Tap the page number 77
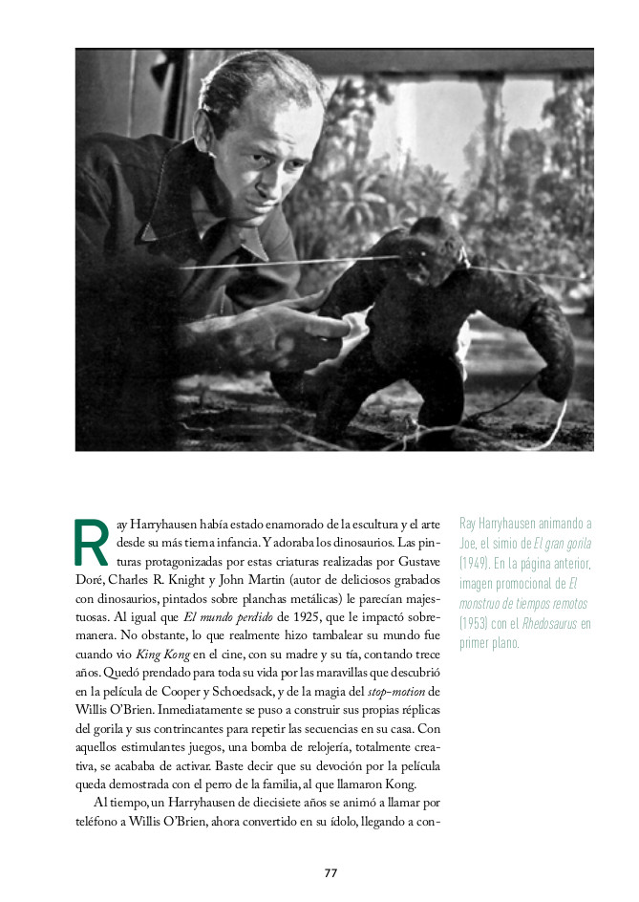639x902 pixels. (x=330, y=872)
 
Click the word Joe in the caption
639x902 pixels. (x=467, y=543)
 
